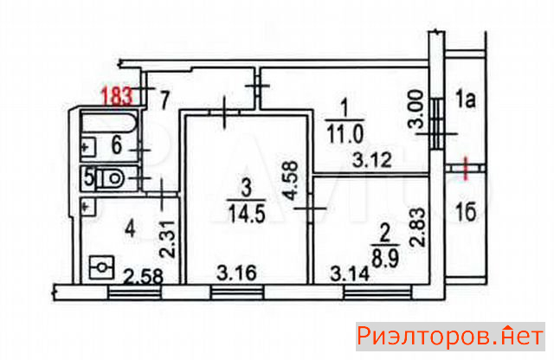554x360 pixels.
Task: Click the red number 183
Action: point(118,95)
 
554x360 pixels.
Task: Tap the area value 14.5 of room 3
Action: point(247,214)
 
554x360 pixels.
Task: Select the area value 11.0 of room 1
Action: point(345,134)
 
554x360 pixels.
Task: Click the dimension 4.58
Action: point(293,181)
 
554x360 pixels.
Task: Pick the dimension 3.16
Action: point(236,273)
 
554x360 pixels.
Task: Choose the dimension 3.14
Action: point(350,273)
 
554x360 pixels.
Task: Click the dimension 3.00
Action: point(415,110)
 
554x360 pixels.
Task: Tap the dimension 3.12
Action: point(372,160)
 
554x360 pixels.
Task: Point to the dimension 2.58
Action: point(143,277)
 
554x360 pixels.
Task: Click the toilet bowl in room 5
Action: point(110,178)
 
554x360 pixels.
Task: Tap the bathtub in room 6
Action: point(109,122)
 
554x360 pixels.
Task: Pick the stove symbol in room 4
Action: point(101,267)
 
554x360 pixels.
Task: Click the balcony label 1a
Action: point(466,100)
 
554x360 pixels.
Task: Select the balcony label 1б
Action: point(466,211)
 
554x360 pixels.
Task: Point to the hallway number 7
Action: point(165,100)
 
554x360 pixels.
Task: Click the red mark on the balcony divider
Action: point(466,169)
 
